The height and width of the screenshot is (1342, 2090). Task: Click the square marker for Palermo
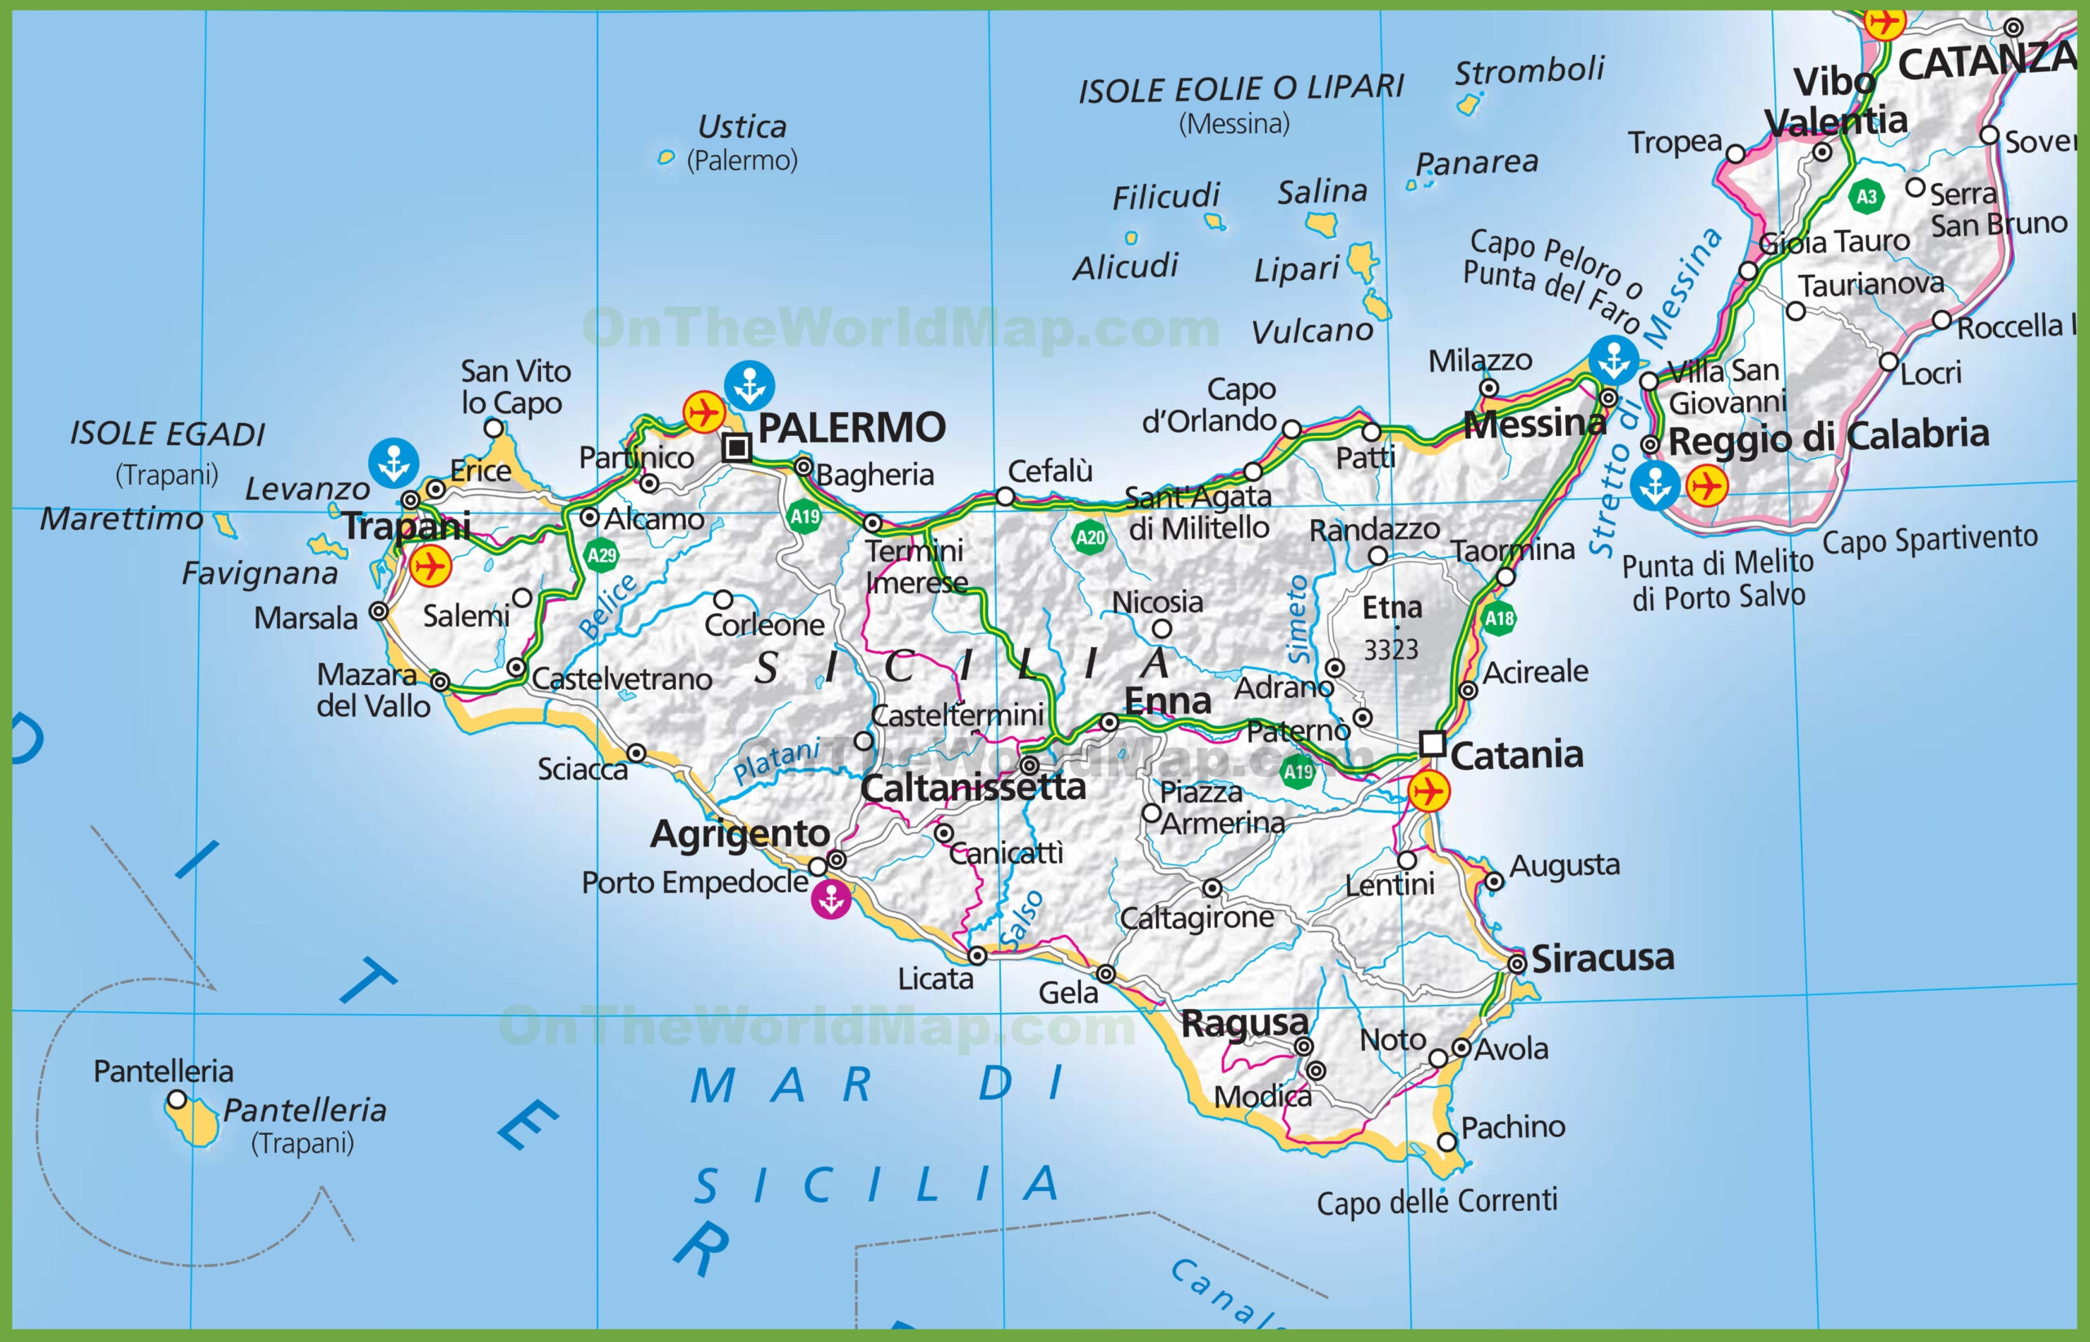point(736,448)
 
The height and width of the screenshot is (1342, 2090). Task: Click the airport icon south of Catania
point(1429,791)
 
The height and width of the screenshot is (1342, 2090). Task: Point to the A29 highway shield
point(602,555)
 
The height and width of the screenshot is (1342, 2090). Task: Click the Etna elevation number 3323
point(1391,649)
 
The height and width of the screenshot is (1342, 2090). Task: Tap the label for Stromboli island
point(1530,69)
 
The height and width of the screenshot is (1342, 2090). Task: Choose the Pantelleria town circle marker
point(177,1100)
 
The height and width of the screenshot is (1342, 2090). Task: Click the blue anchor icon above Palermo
point(749,385)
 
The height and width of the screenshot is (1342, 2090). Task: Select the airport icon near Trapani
point(429,567)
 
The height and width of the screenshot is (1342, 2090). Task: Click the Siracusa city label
point(1602,958)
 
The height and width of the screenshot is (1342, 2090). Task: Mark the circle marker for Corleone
point(723,599)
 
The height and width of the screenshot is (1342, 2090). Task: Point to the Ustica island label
point(743,127)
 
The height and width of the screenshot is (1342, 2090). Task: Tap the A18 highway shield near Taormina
point(1499,619)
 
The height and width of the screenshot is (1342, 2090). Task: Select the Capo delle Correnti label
point(1436,1202)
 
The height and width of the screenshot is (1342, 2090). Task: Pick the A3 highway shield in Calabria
point(1866,196)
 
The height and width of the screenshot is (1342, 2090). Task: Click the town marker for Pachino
point(1447,1141)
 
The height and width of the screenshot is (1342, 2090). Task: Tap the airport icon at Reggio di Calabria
point(1705,486)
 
